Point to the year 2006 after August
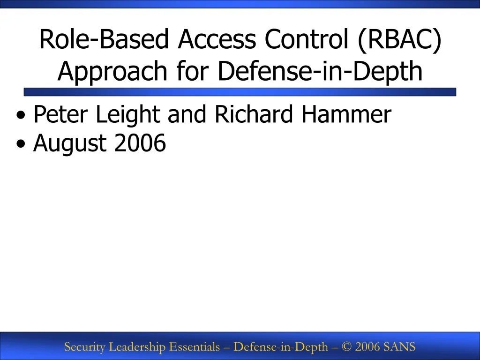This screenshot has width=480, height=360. pyautogui.click(x=140, y=143)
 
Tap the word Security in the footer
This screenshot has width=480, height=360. pyautogui.click(x=85, y=347)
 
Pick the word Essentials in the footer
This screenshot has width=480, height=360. pyautogui.click(x=194, y=347)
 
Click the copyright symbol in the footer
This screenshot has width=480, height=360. pyautogui.click(x=347, y=347)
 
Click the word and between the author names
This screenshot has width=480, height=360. pyautogui.click(x=187, y=115)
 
